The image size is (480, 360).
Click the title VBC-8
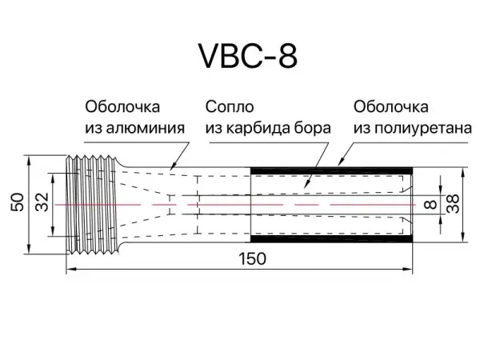point(248,56)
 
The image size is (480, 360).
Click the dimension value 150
point(252,259)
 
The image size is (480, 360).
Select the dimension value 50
point(18,202)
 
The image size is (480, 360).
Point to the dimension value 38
point(453,203)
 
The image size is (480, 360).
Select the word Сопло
point(230,107)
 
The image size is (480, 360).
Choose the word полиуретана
point(423,129)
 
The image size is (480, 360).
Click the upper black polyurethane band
point(331,170)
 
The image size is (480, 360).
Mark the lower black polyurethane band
point(331,238)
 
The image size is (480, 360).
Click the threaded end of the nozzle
point(92,205)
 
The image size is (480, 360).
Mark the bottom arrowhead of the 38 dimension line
point(463,238)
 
